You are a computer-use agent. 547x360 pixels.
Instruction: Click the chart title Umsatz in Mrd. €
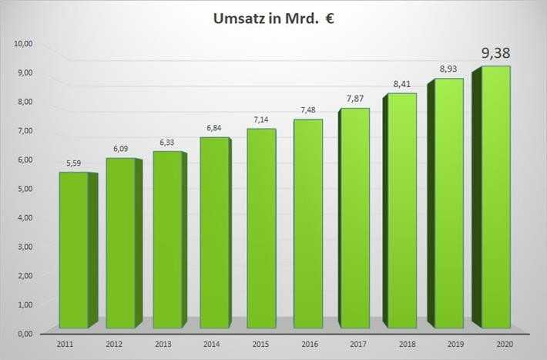[x=273, y=19]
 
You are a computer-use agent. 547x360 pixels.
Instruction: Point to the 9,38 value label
[x=496, y=53]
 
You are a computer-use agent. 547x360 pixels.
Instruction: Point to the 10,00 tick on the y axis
[x=24, y=43]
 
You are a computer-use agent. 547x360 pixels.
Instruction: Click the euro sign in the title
[x=340, y=19]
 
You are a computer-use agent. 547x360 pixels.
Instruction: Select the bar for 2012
[x=120, y=244]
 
